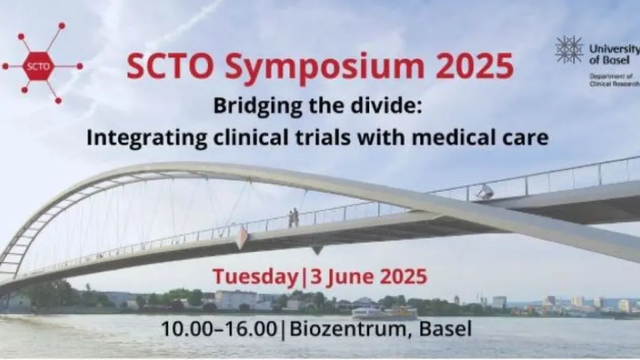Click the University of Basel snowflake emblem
coord(569,49)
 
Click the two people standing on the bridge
coord(293,217)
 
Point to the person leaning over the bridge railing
coord(484,192)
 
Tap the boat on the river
coord(383,312)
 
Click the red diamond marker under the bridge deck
coord(241,238)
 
